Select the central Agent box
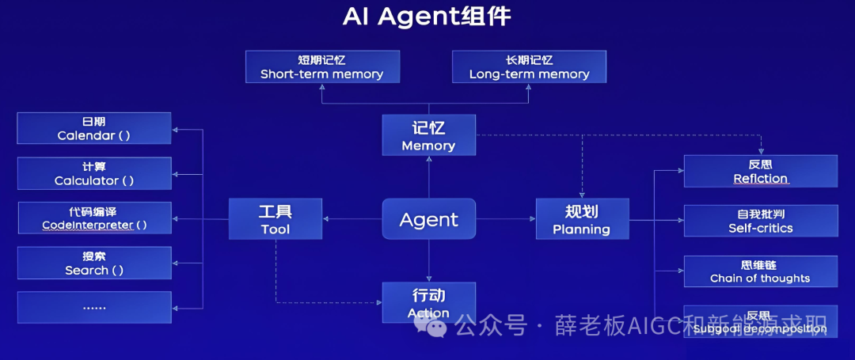coord(429,219)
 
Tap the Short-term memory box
coord(321,66)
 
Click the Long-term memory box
coord(529,66)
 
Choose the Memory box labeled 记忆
coord(428,135)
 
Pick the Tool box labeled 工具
coord(275,219)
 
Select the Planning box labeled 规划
coord(582,219)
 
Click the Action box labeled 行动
coord(428,302)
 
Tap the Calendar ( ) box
coord(94,128)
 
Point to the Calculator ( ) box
coord(94,173)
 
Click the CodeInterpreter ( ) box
coord(94,218)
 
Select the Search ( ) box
coord(94,263)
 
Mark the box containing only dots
coord(94,307)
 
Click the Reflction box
coord(760,171)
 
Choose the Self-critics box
coord(760,221)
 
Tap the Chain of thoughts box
coord(760,271)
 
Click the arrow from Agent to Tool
coord(352,219)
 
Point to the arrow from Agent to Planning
coord(507,219)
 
